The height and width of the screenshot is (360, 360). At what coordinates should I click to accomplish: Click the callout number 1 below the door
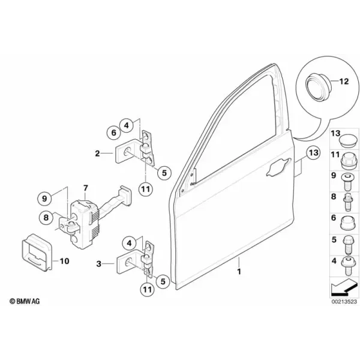point(239,272)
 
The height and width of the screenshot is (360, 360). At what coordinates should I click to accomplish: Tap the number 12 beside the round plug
point(344,81)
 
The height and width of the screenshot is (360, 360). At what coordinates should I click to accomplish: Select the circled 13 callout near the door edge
point(314,152)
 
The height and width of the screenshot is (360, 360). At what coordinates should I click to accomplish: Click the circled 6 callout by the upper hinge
point(114,133)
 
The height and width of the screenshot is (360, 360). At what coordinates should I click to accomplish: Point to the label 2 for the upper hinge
point(98,154)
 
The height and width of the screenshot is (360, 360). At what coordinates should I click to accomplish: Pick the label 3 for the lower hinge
point(99,264)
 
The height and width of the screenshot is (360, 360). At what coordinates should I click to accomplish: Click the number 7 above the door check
point(85,188)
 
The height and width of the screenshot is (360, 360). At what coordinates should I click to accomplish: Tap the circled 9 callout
point(44,198)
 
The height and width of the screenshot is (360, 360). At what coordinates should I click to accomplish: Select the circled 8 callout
point(46,217)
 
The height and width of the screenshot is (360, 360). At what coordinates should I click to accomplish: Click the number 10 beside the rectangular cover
point(65,261)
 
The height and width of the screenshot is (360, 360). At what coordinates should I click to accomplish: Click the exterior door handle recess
point(278,167)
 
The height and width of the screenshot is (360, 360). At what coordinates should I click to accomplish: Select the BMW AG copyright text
point(25,301)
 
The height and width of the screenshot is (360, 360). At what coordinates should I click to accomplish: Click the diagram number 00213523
point(344,301)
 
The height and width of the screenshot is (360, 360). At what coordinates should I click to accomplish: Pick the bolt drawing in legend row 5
point(347,245)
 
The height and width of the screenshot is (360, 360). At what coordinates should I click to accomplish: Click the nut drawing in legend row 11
point(347,160)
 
